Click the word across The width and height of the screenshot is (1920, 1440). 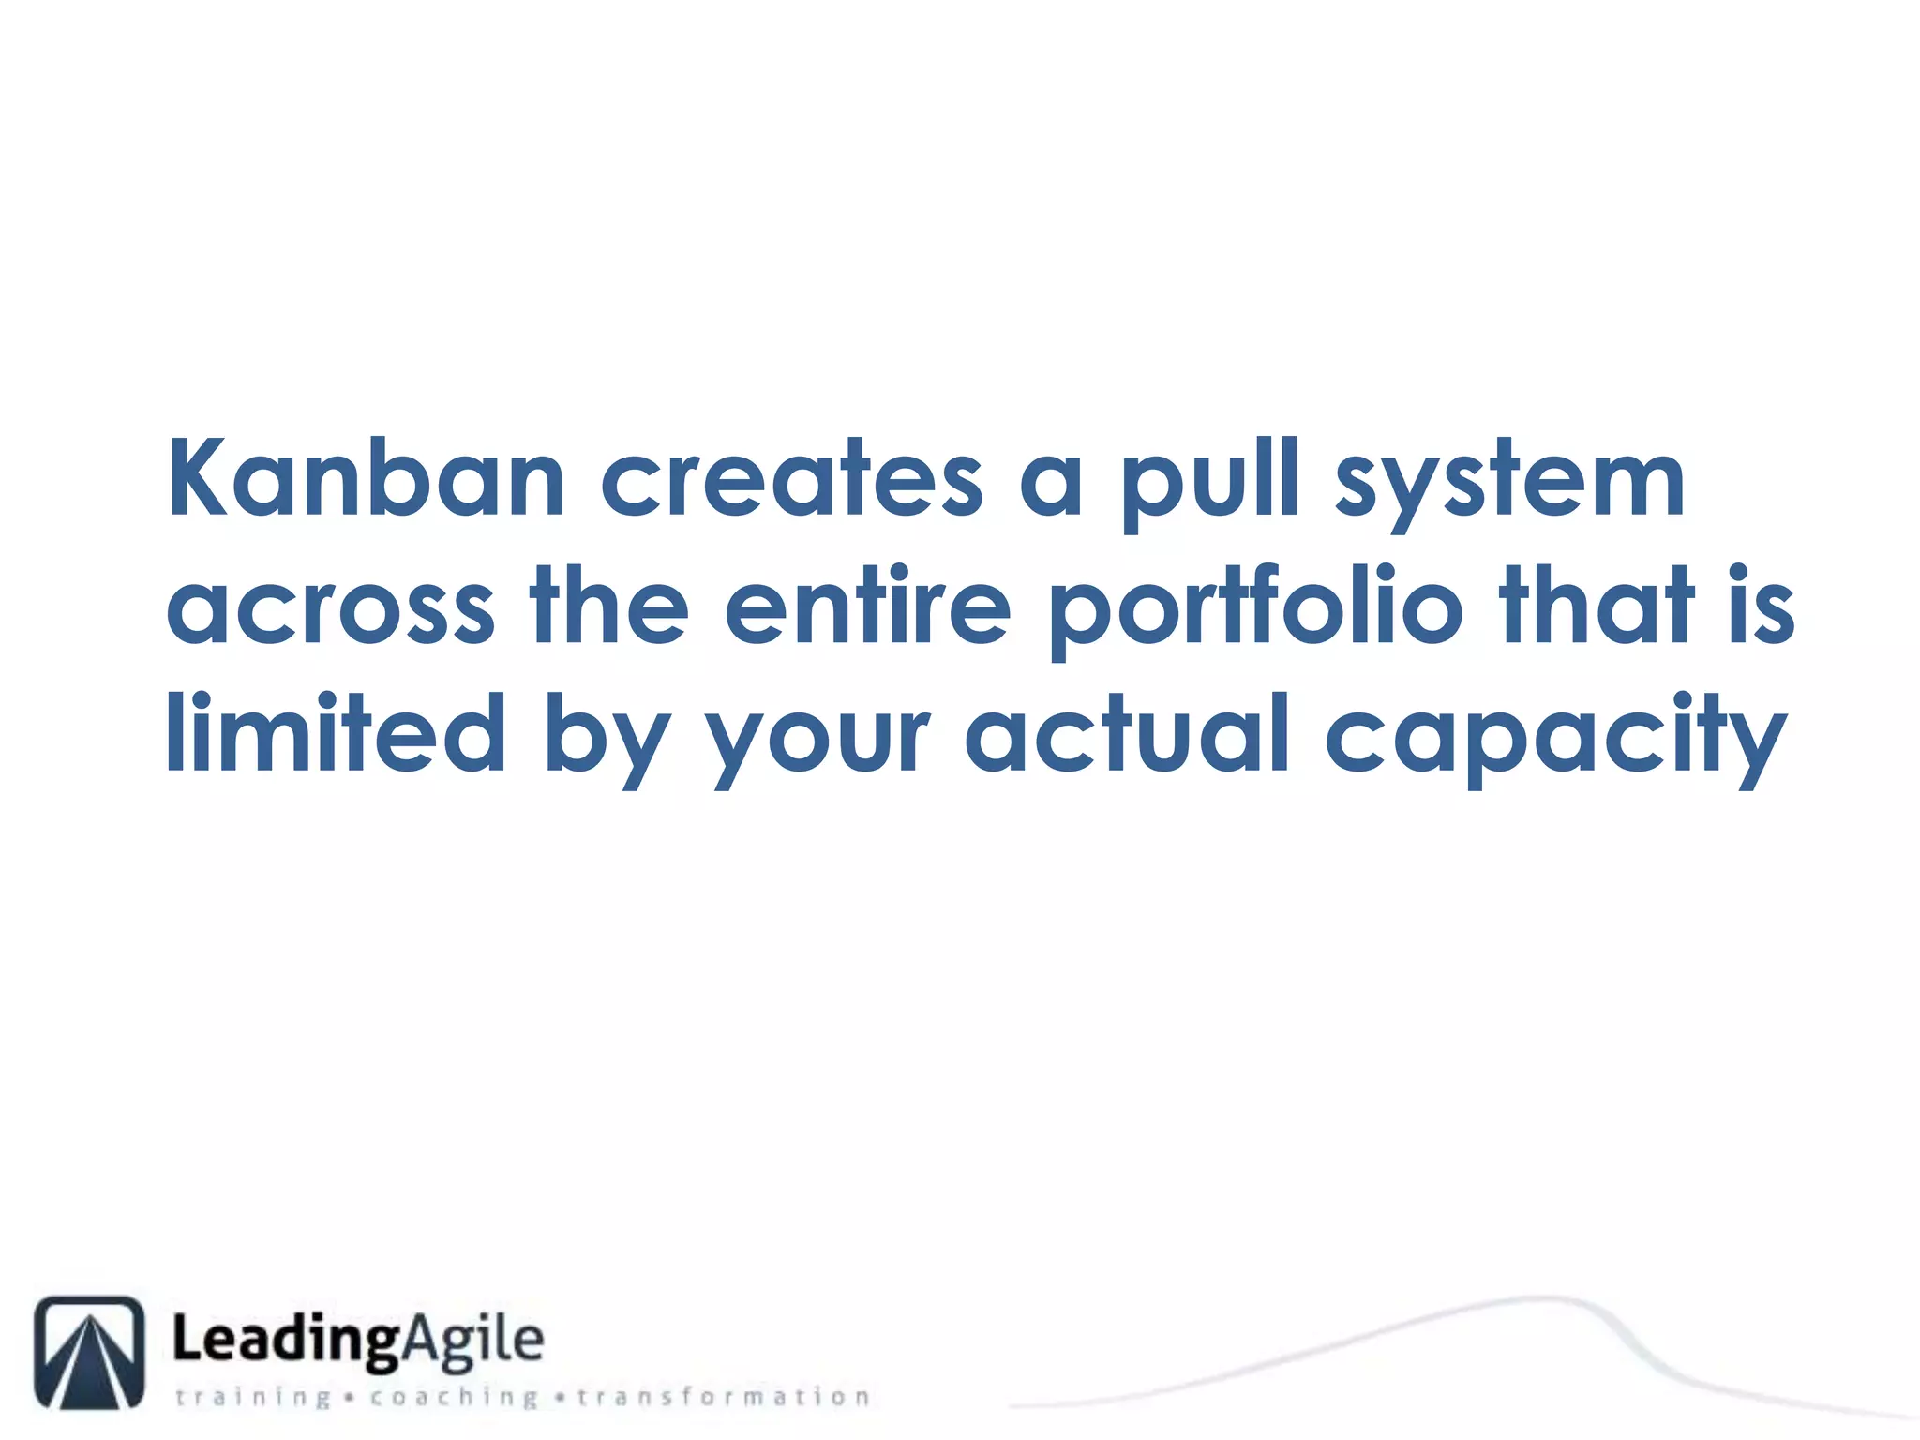(x=331, y=607)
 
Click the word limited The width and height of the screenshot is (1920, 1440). (x=336, y=733)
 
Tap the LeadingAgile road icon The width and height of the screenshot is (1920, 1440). (x=90, y=1352)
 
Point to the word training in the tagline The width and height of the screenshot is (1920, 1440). (x=253, y=1398)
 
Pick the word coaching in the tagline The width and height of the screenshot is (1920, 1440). (x=454, y=1398)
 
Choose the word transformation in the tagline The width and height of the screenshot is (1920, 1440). (x=723, y=1397)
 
